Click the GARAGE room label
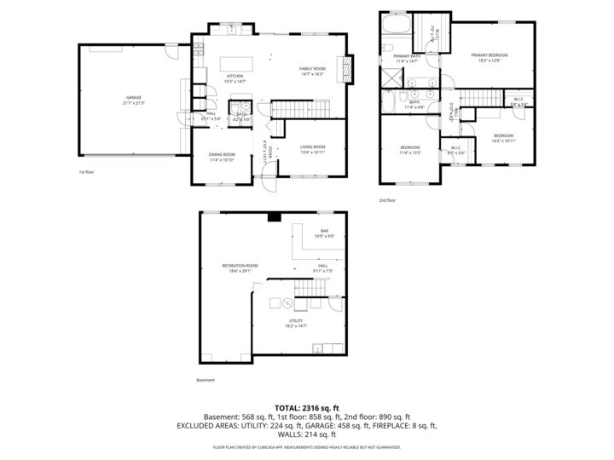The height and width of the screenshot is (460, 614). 134,98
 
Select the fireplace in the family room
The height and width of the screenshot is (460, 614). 345,66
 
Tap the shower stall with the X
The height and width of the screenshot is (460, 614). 390,75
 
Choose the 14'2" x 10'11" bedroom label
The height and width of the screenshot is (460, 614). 503,141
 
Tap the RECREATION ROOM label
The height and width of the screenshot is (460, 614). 240,266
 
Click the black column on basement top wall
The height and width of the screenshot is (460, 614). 273,217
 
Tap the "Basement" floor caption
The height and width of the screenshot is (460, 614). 206,380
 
